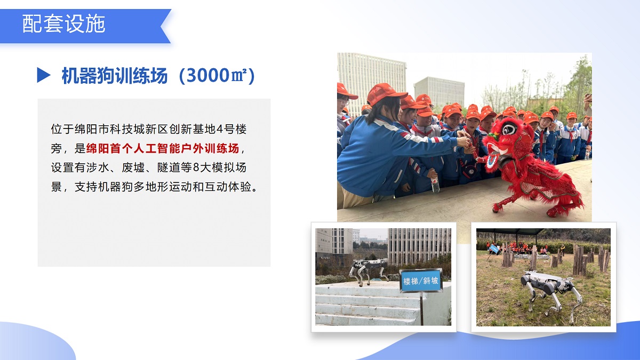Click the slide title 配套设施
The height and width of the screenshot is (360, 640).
[64, 25]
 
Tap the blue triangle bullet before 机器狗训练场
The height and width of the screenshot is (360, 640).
[43, 76]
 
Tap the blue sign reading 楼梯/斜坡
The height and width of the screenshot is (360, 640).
[421, 281]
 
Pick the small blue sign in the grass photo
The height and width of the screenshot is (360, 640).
[494, 249]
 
